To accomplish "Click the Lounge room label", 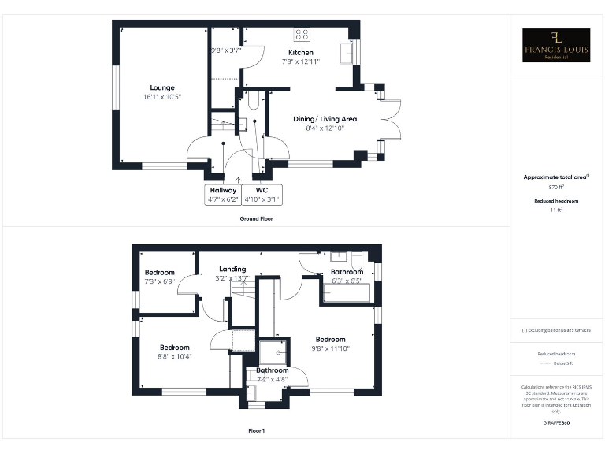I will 162,87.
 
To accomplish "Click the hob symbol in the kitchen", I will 302,34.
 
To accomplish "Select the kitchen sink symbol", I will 345,53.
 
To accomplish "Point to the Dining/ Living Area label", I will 319,118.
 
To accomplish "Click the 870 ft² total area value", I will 556,188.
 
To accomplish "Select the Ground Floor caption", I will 256,218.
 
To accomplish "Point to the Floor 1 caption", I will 256,431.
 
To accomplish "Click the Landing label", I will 232,269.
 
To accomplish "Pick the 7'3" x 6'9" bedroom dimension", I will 159,281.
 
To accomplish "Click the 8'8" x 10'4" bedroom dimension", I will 175,356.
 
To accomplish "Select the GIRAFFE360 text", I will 556,424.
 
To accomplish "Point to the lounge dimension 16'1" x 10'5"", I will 162,97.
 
